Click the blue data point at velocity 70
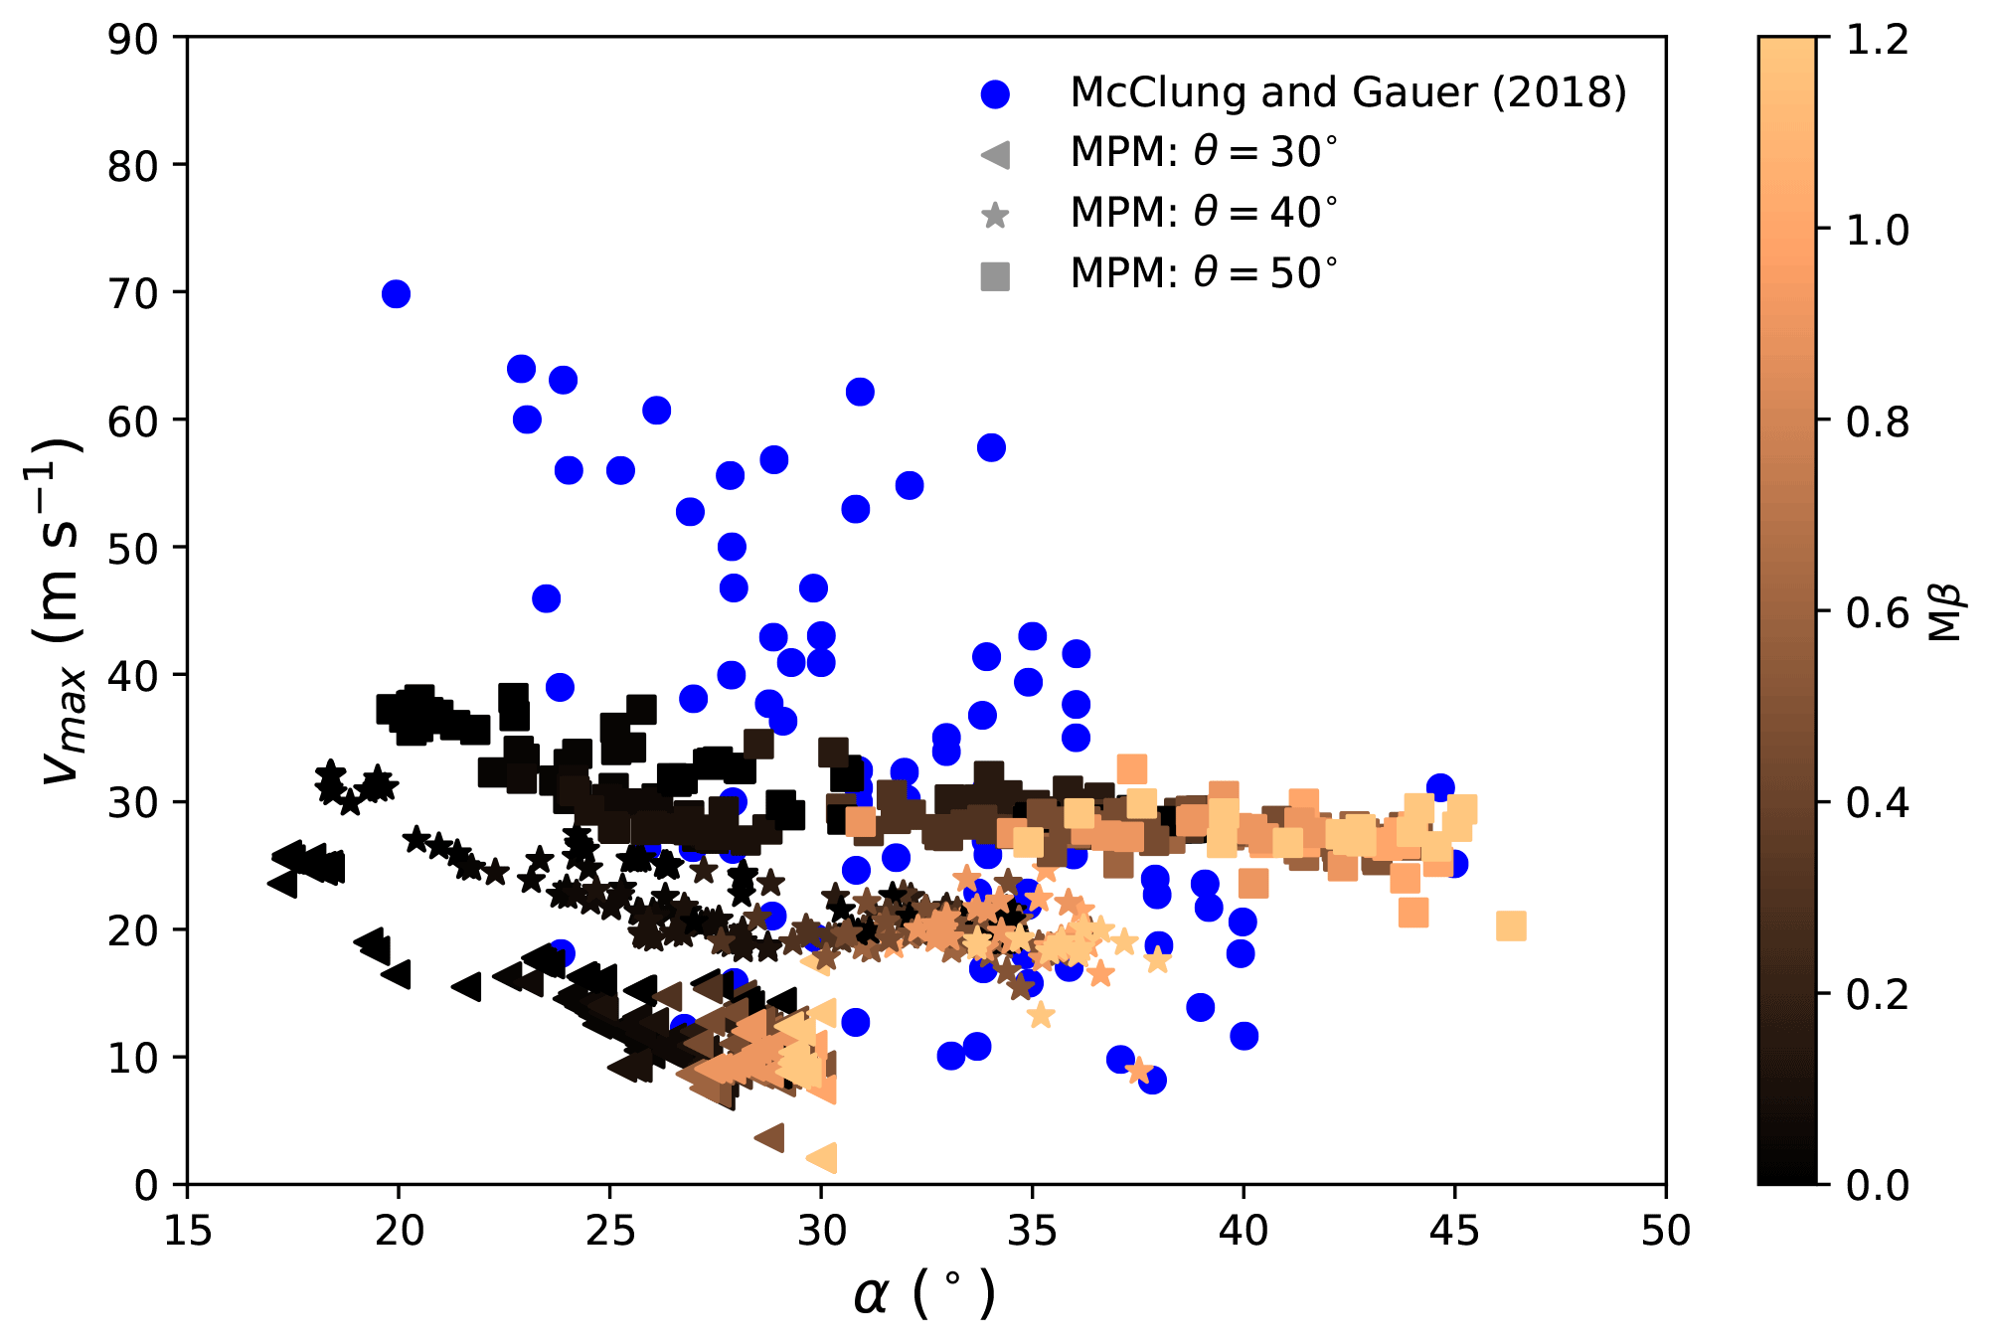[396, 294]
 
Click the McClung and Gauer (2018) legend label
[1348, 92]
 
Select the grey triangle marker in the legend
[995, 154]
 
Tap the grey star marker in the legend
[995, 215]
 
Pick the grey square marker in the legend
[995, 275]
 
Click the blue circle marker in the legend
[995, 93]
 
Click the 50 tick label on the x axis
[1665, 1232]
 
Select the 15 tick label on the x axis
[187, 1232]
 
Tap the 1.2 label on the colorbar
[1878, 40]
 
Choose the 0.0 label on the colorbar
[1878, 1185]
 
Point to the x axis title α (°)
[924, 1294]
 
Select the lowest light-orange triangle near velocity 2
[822, 1158]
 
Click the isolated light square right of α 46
[1511, 926]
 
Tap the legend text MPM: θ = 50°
[1204, 273]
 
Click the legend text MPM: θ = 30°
[1204, 152]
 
